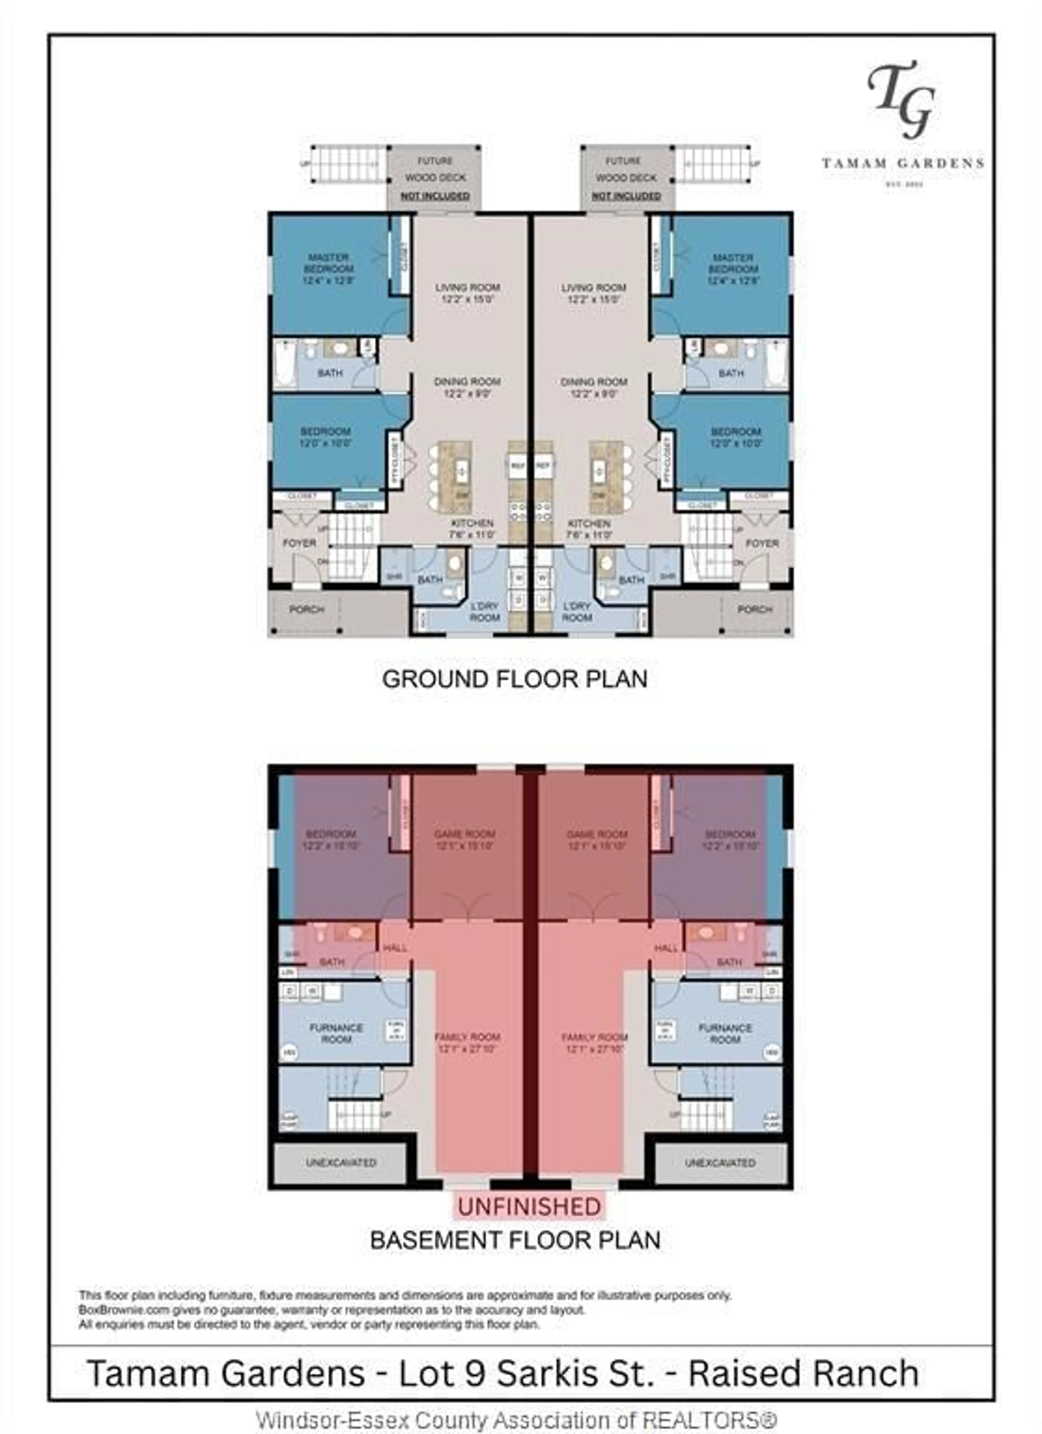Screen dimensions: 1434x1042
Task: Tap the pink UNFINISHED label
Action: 529,1206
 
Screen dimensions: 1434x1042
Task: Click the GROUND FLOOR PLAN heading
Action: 515,679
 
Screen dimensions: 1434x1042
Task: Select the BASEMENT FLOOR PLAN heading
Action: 515,1240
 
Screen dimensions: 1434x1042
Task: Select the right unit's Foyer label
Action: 762,543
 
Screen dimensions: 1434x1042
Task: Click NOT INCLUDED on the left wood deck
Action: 435,196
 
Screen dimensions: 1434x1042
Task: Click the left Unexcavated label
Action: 341,1162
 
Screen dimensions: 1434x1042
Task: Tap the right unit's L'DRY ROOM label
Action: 577,611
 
